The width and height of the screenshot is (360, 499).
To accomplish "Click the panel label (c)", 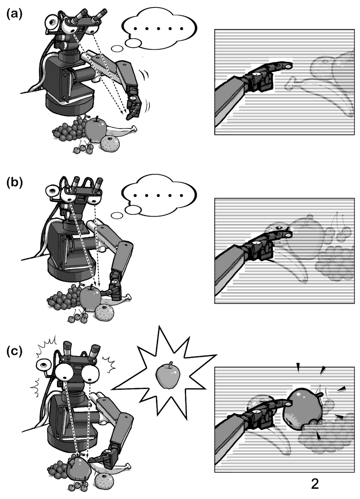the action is [14, 352].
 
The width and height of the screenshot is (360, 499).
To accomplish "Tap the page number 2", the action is [315, 484].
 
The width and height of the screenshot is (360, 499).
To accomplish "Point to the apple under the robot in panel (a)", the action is [95, 127].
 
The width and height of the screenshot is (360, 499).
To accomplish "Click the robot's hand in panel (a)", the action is [134, 103].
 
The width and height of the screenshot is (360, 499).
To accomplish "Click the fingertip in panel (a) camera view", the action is [289, 66].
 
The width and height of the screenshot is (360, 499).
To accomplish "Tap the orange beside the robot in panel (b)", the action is [105, 312].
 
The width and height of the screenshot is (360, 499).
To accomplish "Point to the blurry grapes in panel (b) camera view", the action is [334, 262].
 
